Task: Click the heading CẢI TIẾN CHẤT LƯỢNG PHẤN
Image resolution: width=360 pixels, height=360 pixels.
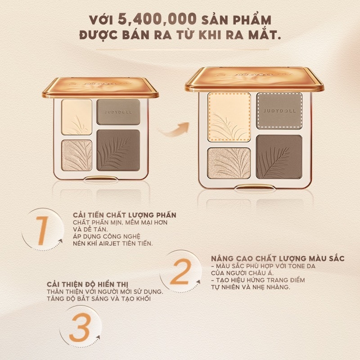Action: [x=124, y=216]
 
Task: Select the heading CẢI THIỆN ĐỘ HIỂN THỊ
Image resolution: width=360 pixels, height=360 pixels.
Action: [x=88, y=284]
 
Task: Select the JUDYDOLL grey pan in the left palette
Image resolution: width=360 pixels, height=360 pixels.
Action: [x=118, y=111]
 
